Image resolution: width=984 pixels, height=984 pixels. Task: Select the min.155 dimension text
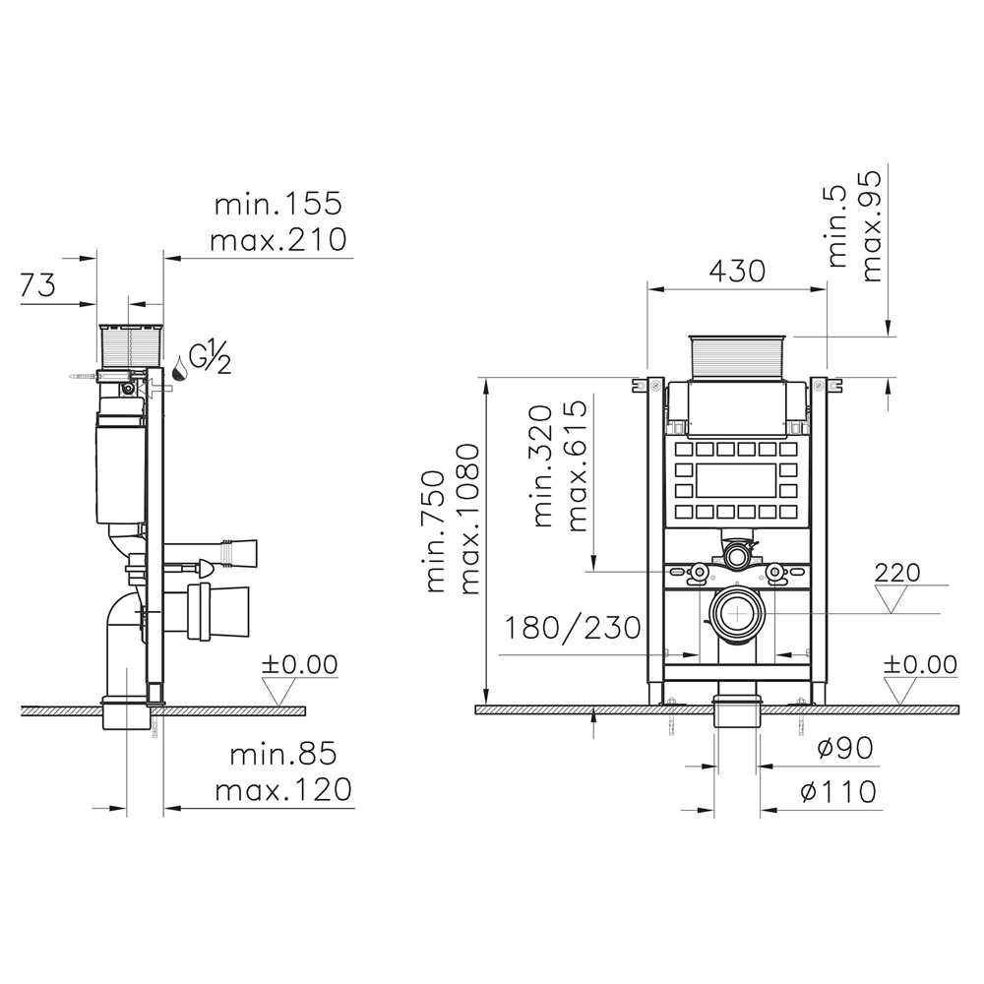[x=278, y=205]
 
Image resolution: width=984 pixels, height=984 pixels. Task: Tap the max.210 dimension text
[x=280, y=239]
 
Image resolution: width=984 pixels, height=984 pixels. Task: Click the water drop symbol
[x=180, y=369]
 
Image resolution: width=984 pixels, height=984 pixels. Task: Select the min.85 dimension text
[x=283, y=755]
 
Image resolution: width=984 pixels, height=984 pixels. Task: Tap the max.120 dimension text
[x=283, y=789]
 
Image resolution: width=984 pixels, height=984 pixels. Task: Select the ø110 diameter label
[x=839, y=790]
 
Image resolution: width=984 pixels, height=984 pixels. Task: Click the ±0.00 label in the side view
[x=299, y=665]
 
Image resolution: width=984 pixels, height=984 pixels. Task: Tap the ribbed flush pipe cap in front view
[x=737, y=355]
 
